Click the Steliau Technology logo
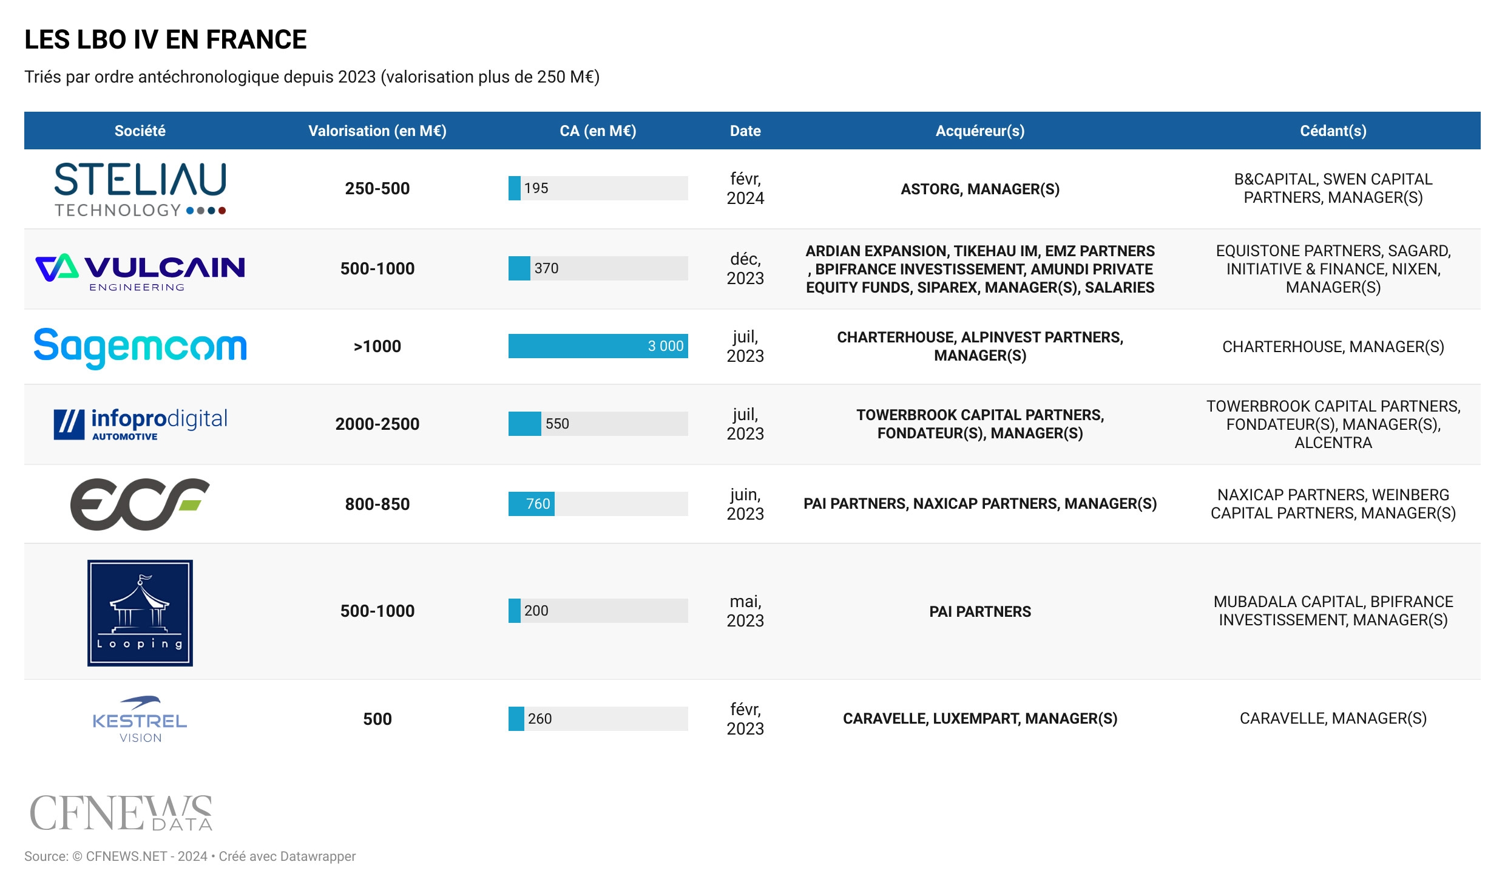pos(140,189)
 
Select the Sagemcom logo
pos(140,347)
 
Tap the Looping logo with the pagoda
pos(140,613)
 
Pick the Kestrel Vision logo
pos(140,720)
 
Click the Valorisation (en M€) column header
pos(377,131)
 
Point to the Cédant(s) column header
pos(1333,131)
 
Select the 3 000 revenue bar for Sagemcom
pos(598,346)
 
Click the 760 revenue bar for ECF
pos(532,504)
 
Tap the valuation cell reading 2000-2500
pos(377,424)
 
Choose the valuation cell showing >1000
pos(377,346)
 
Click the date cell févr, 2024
pos(745,188)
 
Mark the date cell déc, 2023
pos(745,268)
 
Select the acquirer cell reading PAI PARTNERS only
pos(979,611)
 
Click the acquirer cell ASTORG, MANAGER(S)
pos(979,189)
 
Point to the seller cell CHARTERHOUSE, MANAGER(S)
pos(1333,347)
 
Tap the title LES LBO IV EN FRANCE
pos(165,39)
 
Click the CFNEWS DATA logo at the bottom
pos(121,813)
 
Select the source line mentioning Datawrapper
pos(190,856)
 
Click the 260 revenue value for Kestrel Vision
pos(539,719)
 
